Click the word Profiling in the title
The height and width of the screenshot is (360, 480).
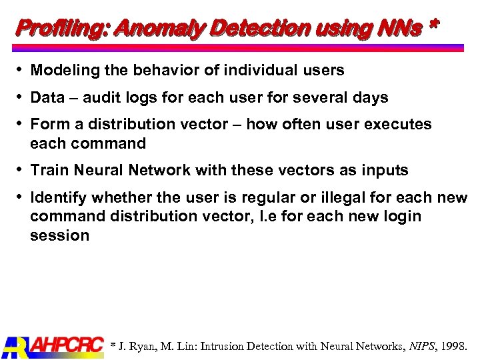[61, 28]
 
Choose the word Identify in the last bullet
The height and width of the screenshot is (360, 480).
[59, 198]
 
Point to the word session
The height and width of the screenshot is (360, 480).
[59, 235]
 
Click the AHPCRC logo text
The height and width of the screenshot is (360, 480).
[67, 346]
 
